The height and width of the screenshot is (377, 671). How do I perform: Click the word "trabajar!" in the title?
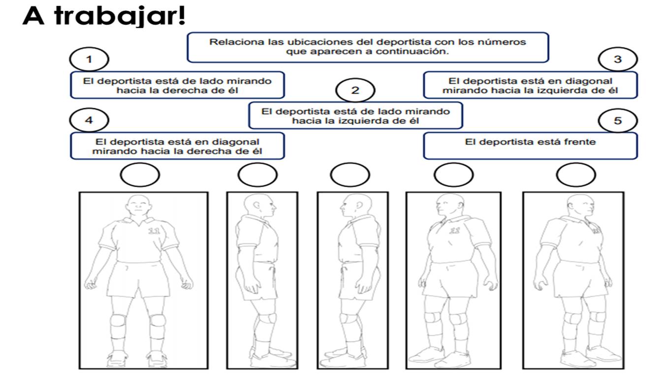(120, 16)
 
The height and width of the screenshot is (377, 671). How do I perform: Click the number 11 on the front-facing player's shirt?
(154, 231)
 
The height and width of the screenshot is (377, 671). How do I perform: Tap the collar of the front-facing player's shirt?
(138, 222)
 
